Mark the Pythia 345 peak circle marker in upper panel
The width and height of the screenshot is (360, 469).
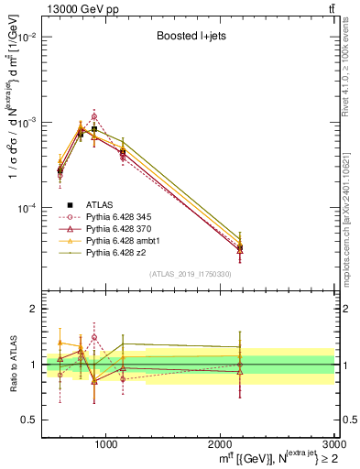tap(94, 116)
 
